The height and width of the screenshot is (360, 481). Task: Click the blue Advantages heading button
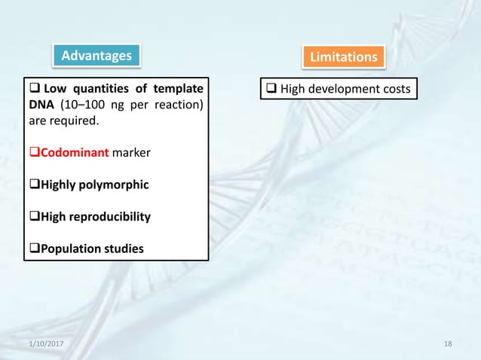coord(97,55)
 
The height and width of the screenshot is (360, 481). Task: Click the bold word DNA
coord(39,104)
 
